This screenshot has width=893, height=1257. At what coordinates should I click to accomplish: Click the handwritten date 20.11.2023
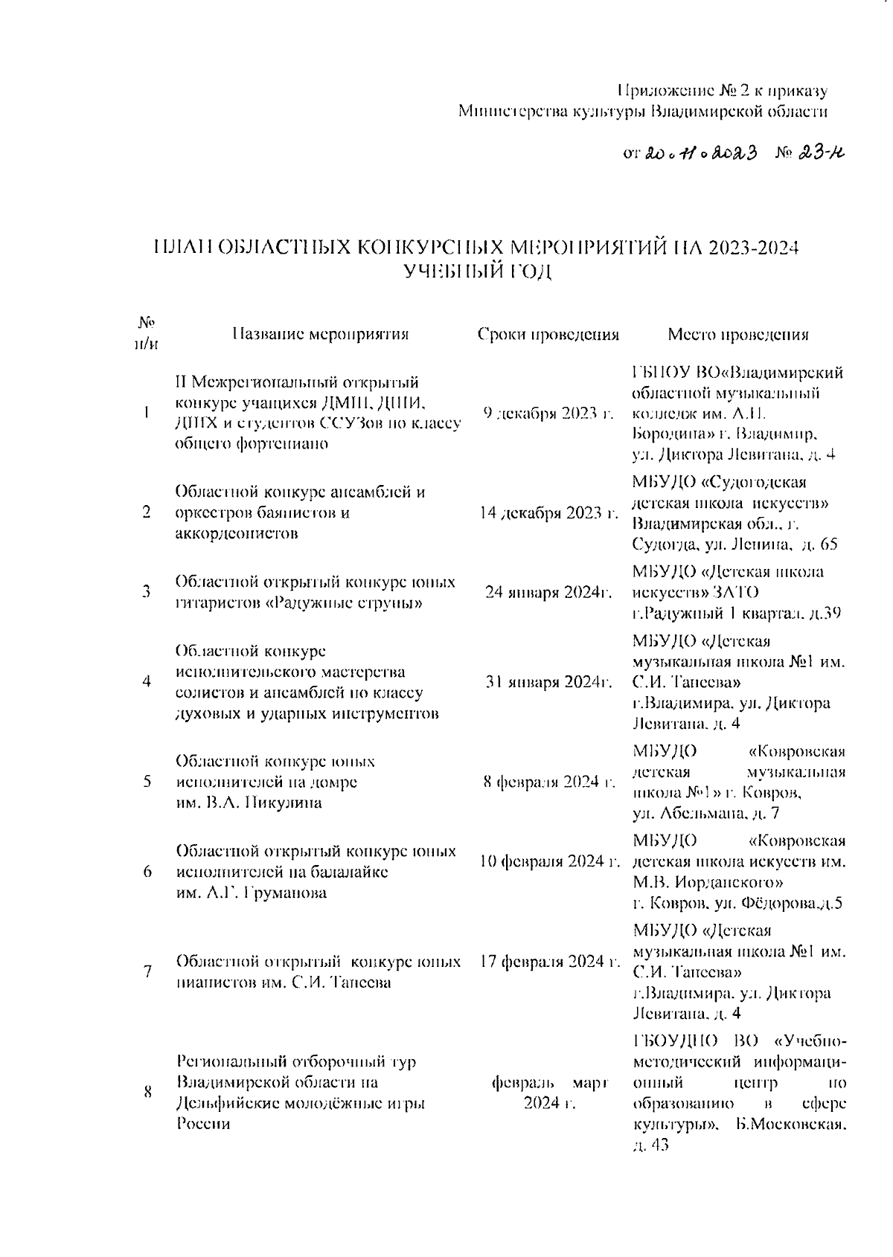701,152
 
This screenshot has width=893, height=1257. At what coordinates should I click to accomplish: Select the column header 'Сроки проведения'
548,334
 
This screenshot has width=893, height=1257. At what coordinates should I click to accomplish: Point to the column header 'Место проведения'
737,334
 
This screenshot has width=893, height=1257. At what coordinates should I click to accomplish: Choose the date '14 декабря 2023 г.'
548,513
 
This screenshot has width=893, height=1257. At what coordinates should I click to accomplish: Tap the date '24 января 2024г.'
548,593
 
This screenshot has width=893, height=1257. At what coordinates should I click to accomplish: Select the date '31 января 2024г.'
548,682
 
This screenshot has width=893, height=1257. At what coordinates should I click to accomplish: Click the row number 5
147,782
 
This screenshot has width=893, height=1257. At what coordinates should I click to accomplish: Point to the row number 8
147,1093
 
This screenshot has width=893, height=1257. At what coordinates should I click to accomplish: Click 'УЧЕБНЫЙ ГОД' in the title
477,272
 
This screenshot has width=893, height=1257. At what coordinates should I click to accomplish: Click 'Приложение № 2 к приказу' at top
722,92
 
